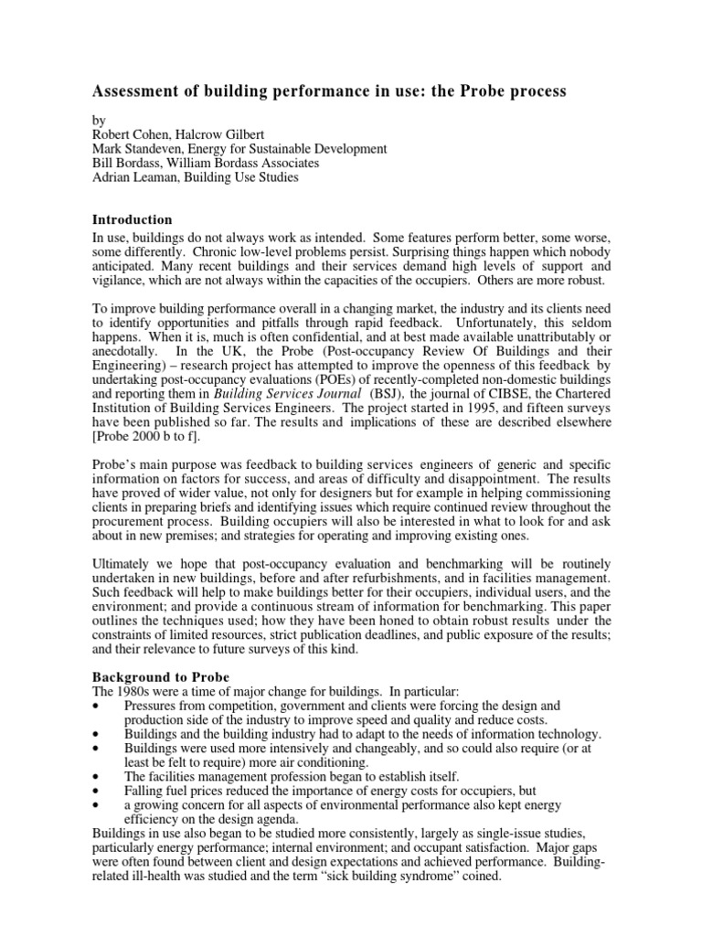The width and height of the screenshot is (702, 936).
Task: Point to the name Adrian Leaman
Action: coord(136,177)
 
